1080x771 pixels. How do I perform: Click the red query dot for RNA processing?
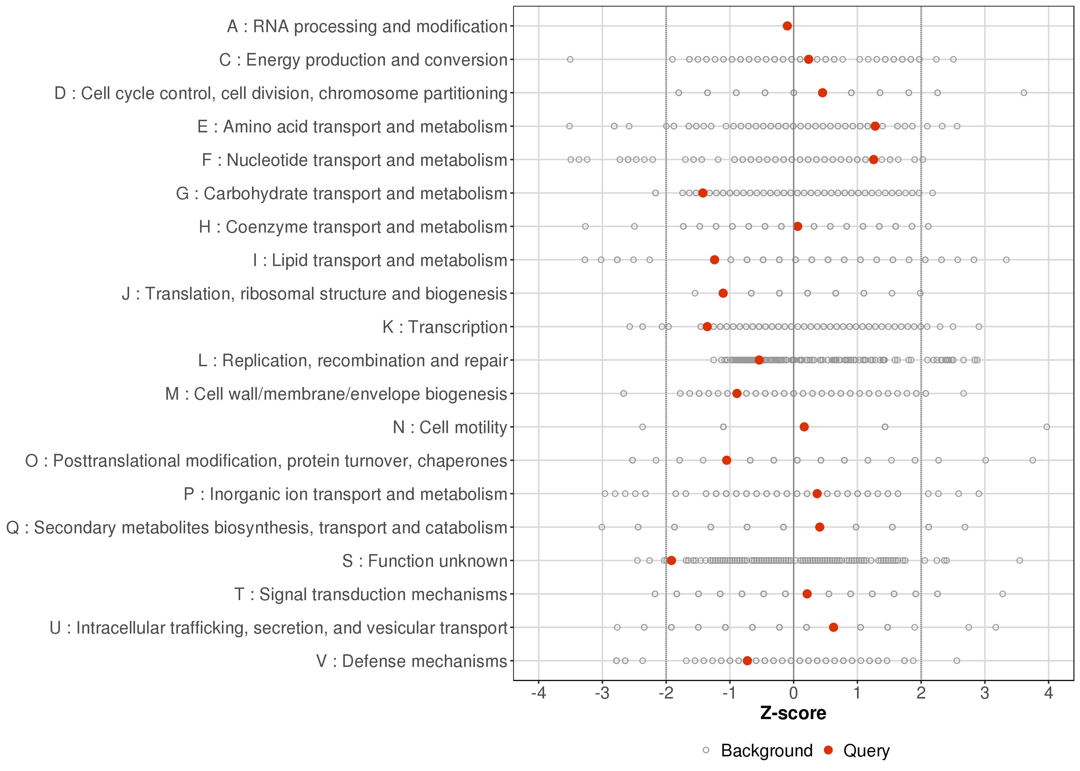[x=787, y=26]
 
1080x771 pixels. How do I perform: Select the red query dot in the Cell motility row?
[x=804, y=427]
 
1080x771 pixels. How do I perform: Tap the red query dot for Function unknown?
[x=671, y=561]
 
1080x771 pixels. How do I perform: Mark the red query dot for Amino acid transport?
[x=875, y=126]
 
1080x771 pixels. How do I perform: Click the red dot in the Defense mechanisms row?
[x=747, y=661]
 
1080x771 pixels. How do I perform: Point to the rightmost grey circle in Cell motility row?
[x=1047, y=427]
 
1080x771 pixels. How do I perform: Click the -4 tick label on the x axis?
[x=538, y=694]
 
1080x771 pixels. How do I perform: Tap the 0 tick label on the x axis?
[x=794, y=694]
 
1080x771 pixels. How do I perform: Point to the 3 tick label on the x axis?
[x=985, y=694]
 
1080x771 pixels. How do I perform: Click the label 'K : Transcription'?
[x=445, y=327]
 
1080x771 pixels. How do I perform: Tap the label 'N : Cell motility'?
[x=450, y=427]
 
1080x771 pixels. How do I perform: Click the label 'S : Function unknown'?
[x=425, y=561]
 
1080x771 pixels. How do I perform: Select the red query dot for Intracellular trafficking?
[x=833, y=627]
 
